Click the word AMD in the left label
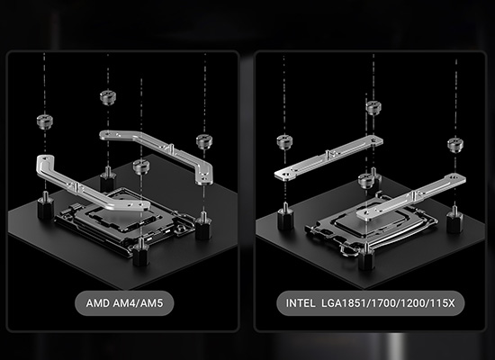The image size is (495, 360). click(x=98, y=303)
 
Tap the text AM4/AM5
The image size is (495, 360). click(x=138, y=303)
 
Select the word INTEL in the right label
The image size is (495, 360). click(x=301, y=303)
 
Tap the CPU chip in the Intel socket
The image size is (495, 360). click(x=371, y=220)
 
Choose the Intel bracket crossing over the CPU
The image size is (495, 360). click(x=410, y=197)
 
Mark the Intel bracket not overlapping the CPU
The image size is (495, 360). click(x=328, y=157)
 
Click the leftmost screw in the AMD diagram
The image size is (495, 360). click(x=44, y=121)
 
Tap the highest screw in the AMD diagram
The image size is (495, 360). click(x=108, y=97)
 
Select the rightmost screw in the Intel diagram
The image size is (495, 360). click(x=455, y=145)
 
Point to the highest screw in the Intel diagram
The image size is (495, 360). click(x=373, y=108)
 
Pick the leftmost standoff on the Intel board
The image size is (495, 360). click(x=285, y=218)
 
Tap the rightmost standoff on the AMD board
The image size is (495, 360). click(x=203, y=225)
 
